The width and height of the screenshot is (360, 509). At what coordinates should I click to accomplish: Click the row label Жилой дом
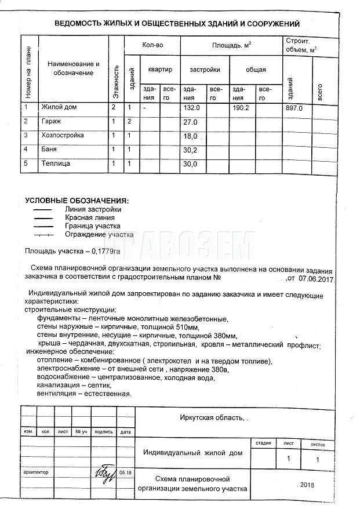(x=59, y=107)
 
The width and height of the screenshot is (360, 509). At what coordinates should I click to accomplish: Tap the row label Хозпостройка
(x=63, y=136)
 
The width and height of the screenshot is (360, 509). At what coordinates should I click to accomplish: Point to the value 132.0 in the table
(x=191, y=108)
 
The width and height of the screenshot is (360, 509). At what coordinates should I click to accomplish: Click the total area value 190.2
(x=241, y=108)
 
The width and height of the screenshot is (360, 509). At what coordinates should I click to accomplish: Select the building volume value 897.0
(x=294, y=108)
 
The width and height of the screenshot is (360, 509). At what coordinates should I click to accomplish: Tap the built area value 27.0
(x=191, y=122)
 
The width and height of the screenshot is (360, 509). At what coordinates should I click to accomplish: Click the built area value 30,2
(x=191, y=150)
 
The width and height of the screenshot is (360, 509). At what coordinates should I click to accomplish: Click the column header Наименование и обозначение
(x=74, y=68)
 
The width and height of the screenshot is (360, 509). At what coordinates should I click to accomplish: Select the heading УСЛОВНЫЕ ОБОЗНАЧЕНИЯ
(x=77, y=201)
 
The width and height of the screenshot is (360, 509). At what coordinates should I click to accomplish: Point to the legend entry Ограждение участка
(x=99, y=235)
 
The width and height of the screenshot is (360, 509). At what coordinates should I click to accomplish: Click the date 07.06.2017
(x=317, y=279)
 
